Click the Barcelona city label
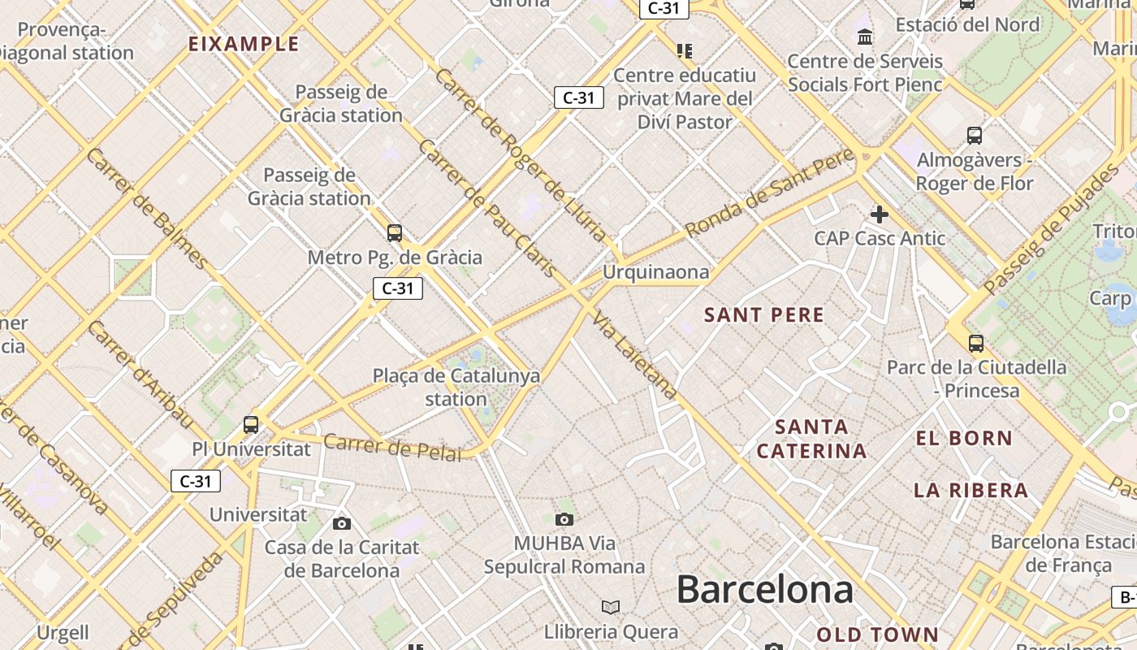click(764, 589)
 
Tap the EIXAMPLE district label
click(244, 44)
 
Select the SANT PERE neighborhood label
click(764, 315)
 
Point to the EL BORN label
click(964, 439)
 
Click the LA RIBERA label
click(971, 491)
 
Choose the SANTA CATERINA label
click(811, 439)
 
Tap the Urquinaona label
click(655, 272)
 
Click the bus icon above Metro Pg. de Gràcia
click(395, 233)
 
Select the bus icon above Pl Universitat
click(251, 424)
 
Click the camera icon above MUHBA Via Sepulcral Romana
click(564, 519)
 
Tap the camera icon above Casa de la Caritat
click(342, 523)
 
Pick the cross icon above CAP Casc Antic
click(879, 214)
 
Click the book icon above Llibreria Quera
click(611, 608)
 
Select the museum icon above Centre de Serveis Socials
click(865, 37)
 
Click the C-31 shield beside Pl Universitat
click(196, 481)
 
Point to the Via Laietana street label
click(636, 356)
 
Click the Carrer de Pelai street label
click(392, 447)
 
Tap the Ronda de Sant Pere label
click(770, 193)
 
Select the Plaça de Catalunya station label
click(456, 388)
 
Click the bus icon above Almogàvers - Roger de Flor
click(975, 136)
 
